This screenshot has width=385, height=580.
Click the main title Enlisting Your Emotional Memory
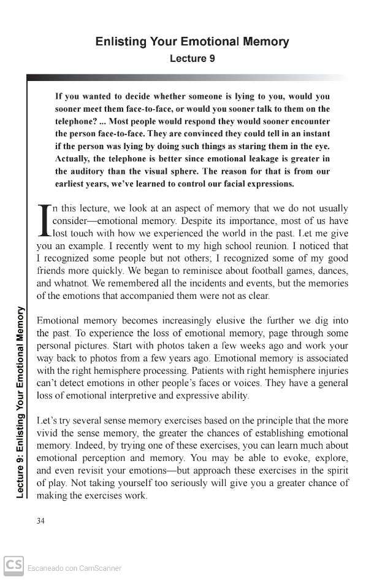(x=192, y=42)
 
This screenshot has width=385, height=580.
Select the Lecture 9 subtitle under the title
(x=192, y=59)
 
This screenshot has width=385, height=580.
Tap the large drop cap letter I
(x=44, y=221)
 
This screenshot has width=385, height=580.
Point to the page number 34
(x=41, y=521)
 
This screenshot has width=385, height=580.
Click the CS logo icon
(x=13, y=565)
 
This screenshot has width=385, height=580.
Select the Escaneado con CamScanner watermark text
(x=74, y=568)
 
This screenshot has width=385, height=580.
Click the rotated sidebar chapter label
(x=20, y=402)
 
